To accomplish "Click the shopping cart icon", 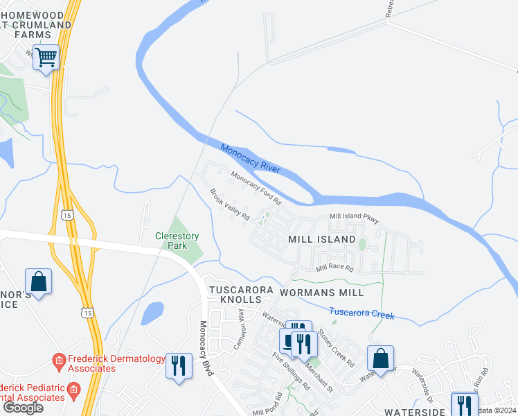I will click(x=46, y=58).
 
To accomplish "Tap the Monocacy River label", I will click(x=250, y=159).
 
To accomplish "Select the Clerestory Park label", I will click(x=177, y=241).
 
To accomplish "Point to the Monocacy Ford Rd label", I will click(x=256, y=188).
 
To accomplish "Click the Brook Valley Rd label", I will click(x=230, y=206).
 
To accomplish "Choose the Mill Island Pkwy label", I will click(x=354, y=218).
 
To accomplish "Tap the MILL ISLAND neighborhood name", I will click(x=321, y=239).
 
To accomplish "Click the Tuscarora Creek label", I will click(x=361, y=313).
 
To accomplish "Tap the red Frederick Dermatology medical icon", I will click(x=60, y=361).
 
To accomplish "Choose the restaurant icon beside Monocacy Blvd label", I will click(x=179, y=365).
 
